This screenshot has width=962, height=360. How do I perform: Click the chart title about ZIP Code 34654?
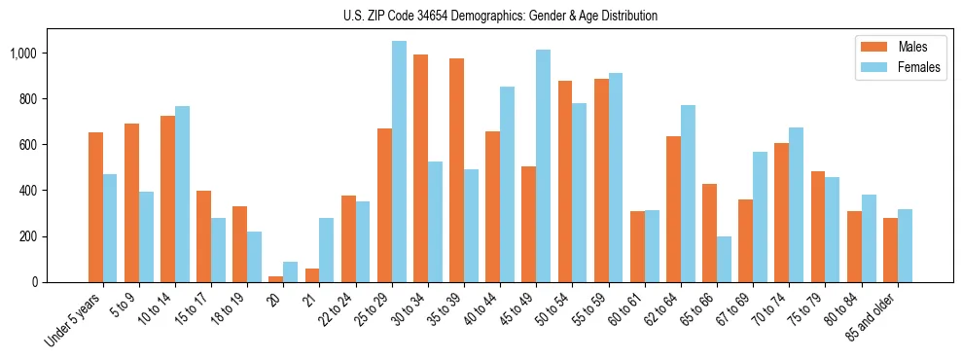500,16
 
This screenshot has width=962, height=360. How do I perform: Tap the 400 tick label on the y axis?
34,191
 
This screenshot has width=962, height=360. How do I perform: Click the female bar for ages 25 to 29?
399,162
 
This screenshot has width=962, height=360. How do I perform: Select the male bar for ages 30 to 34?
420,168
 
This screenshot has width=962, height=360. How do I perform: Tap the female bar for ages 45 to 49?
543,165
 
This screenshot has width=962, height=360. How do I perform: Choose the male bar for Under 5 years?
95,207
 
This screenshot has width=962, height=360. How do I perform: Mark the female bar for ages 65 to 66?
724,259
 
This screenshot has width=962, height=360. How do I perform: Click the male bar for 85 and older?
889,250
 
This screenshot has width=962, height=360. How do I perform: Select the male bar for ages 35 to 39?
456,170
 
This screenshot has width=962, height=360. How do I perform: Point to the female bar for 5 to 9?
146,236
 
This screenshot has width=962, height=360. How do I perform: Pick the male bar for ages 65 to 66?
709,233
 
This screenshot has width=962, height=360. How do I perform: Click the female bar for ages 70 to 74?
796,204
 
